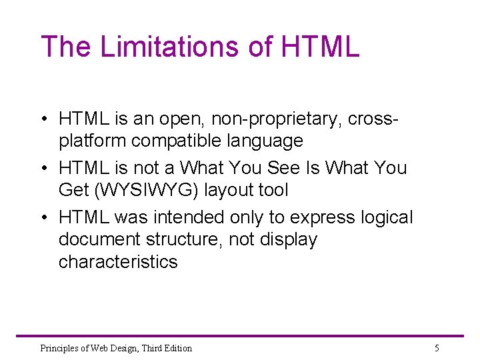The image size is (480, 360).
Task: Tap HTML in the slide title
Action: [x=321, y=47]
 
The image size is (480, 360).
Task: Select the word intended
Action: [x=189, y=217]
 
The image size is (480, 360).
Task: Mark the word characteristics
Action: [x=118, y=261]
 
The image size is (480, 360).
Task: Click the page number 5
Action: [x=437, y=348]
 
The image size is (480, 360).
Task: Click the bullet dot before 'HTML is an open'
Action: [x=42, y=120]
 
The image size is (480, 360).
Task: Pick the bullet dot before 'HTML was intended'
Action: [x=42, y=218]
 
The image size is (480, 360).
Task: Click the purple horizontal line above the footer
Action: [x=240, y=336]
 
